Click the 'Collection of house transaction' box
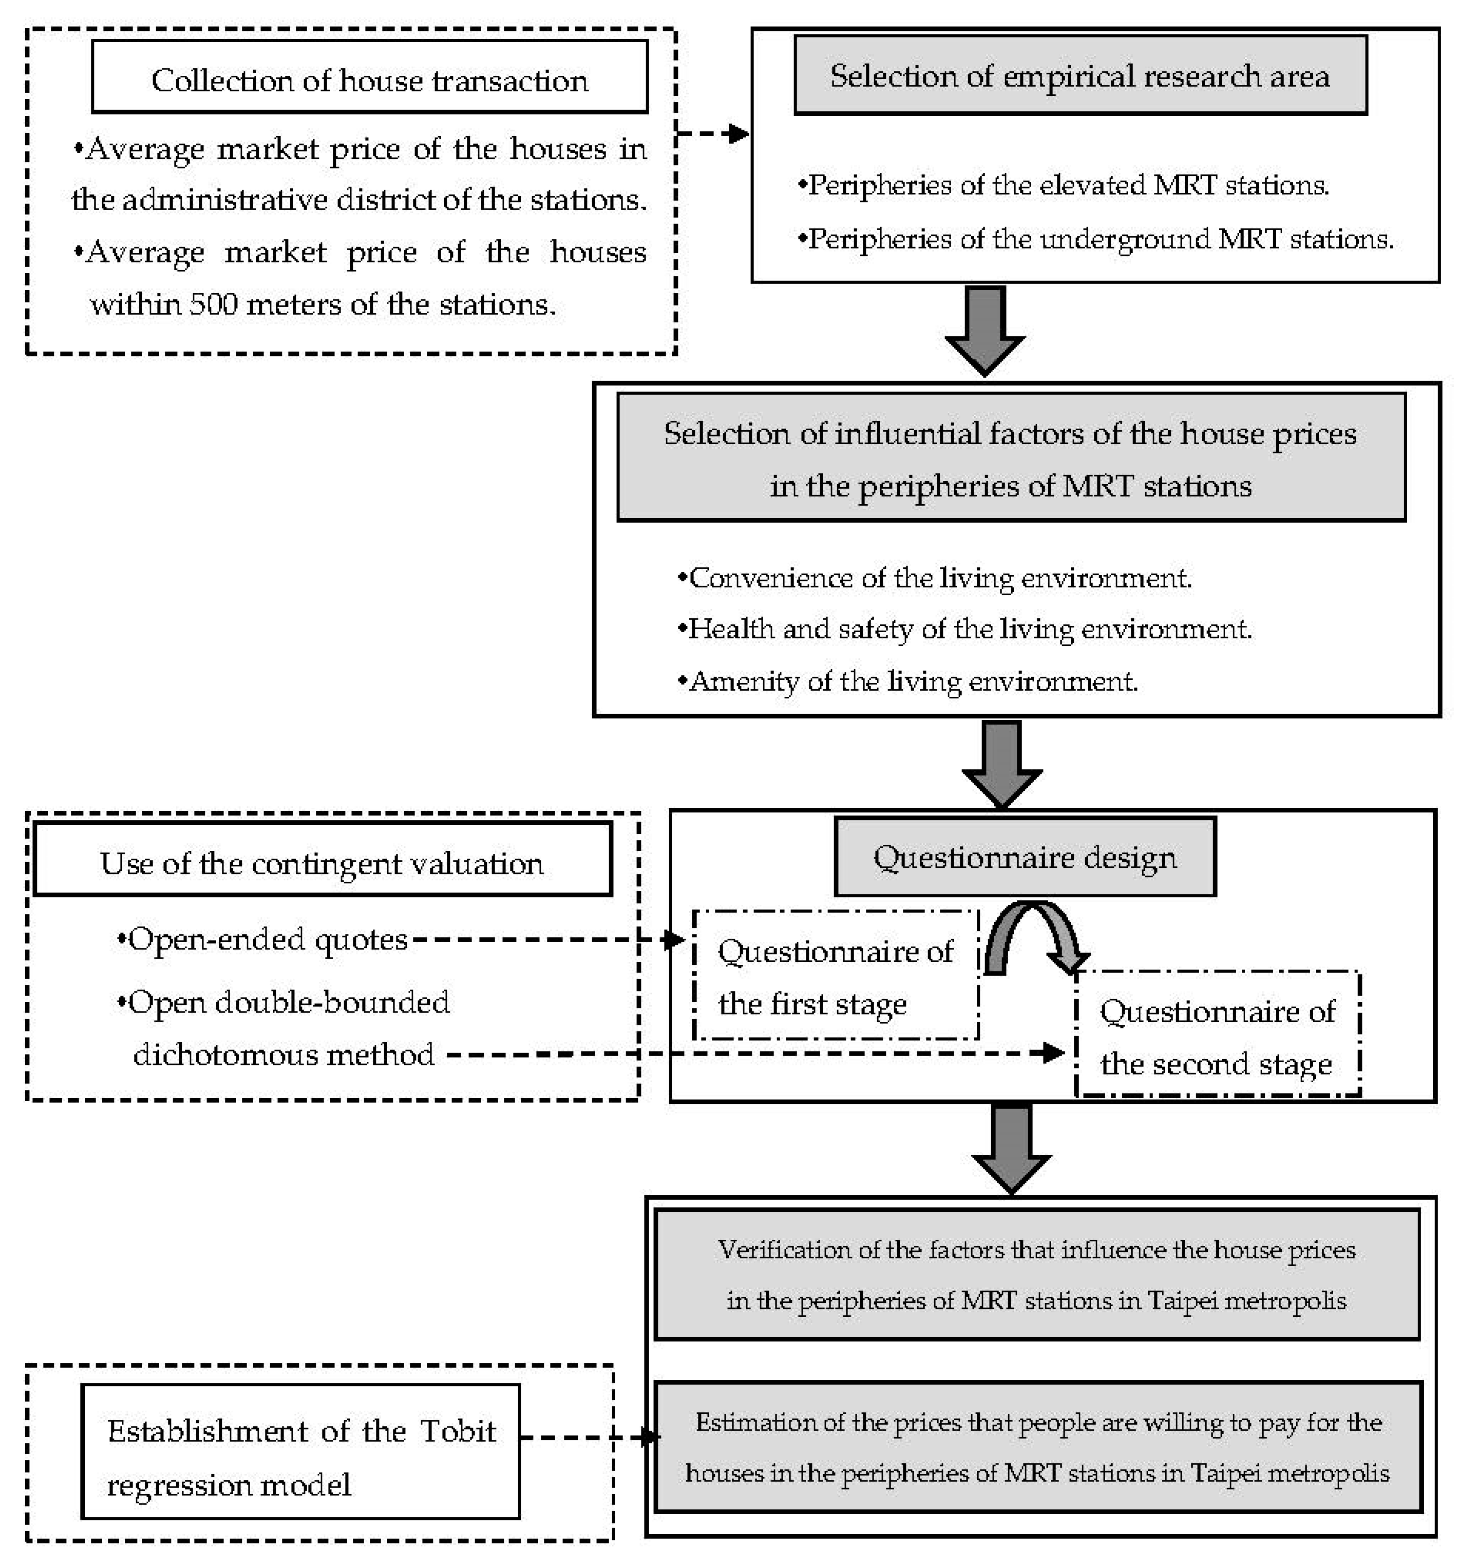pos(369,77)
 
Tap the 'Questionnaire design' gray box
pos(1025,857)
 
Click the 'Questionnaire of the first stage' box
pos(836,976)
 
